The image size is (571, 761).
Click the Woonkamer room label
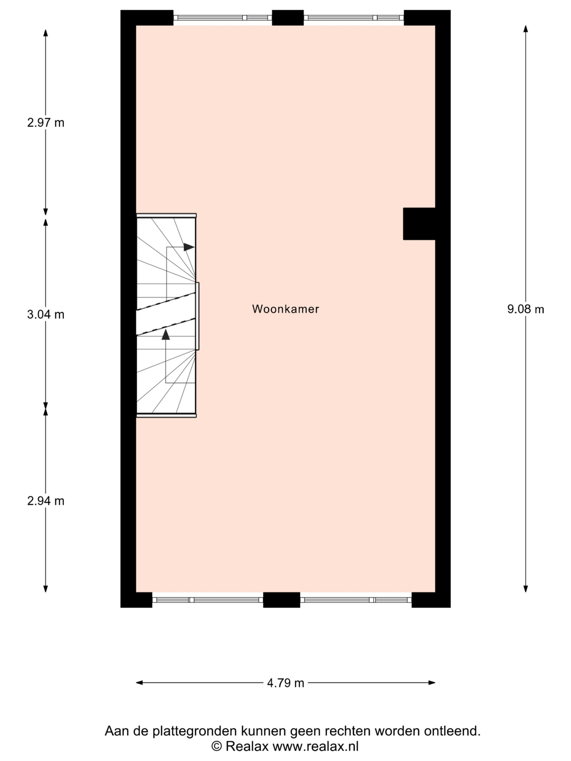[285, 309]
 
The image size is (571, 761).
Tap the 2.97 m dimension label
[46, 122]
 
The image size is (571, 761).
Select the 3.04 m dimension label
[46, 315]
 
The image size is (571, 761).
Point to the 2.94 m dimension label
[46, 501]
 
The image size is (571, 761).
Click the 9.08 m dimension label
[525, 309]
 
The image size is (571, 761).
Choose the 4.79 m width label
[286, 683]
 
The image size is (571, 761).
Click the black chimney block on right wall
[419, 224]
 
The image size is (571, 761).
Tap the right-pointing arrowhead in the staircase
[189, 247]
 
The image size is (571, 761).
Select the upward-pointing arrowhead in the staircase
[166, 334]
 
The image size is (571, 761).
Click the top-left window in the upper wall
[222, 18]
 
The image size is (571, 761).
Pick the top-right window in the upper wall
[354, 18]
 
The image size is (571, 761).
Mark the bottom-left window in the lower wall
[208, 600]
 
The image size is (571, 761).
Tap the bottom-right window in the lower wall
[356, 600]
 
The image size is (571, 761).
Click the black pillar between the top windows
[288, 18]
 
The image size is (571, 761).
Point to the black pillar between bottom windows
[282, 600]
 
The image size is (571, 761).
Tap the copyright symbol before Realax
[217, 746]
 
